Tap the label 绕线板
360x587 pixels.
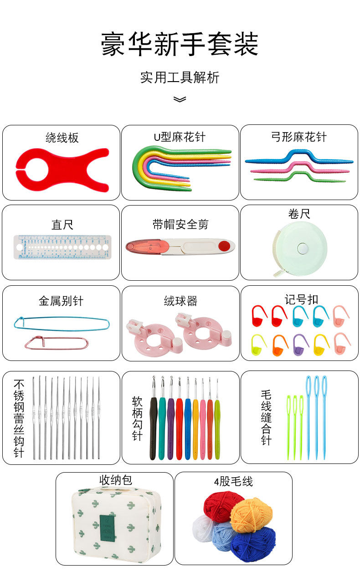tap(62, 137)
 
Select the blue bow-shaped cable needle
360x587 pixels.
tap(298, 159)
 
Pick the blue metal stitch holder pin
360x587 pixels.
tap(62, 323)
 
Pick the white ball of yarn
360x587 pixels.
tap(203, 529)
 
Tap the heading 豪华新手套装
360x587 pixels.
tap(180, 45)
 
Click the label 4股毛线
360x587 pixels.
tap(233, 482)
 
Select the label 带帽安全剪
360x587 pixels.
tap(180, 224)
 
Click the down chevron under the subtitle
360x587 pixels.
tap(180, 99)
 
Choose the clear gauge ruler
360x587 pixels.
tap(62, 247)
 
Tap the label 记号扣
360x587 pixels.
tap(301, 299)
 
